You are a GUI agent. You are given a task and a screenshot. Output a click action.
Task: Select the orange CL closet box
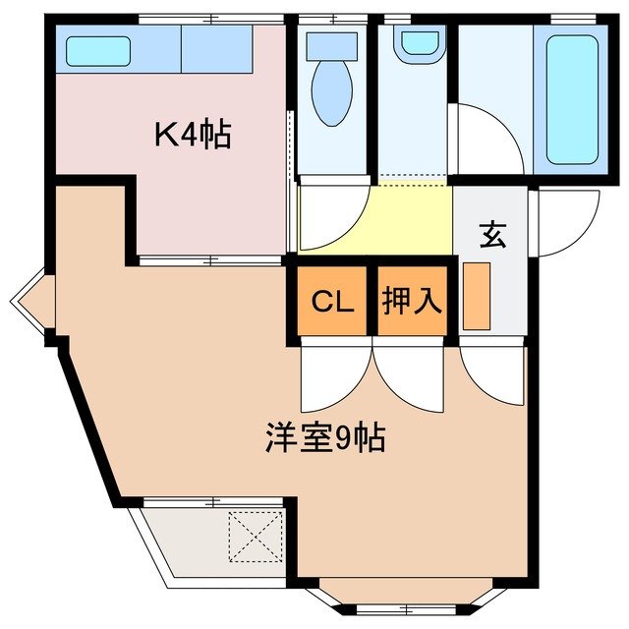click(332, 301)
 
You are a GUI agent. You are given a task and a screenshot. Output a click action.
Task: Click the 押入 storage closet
click(412, 301)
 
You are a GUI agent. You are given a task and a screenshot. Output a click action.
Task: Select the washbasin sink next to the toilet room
click(421, 41)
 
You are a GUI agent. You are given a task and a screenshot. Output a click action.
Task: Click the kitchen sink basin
click(97, 51)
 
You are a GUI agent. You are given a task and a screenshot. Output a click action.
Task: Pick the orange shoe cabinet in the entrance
click(476, 297)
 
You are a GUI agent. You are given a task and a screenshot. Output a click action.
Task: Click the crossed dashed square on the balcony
click(255, 536)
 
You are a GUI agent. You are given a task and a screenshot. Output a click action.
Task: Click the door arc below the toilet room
click(332, 216)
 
